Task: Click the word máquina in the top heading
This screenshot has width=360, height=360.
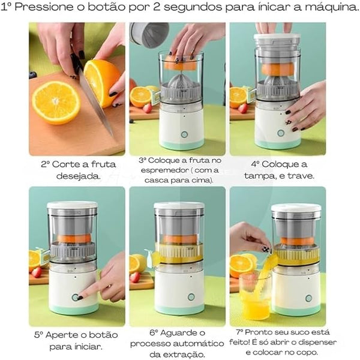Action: point(325,8)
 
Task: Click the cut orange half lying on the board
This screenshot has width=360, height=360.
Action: point(56,102)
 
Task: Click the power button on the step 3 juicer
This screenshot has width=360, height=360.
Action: point(184,134)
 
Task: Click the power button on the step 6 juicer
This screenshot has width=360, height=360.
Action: point(191,296)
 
